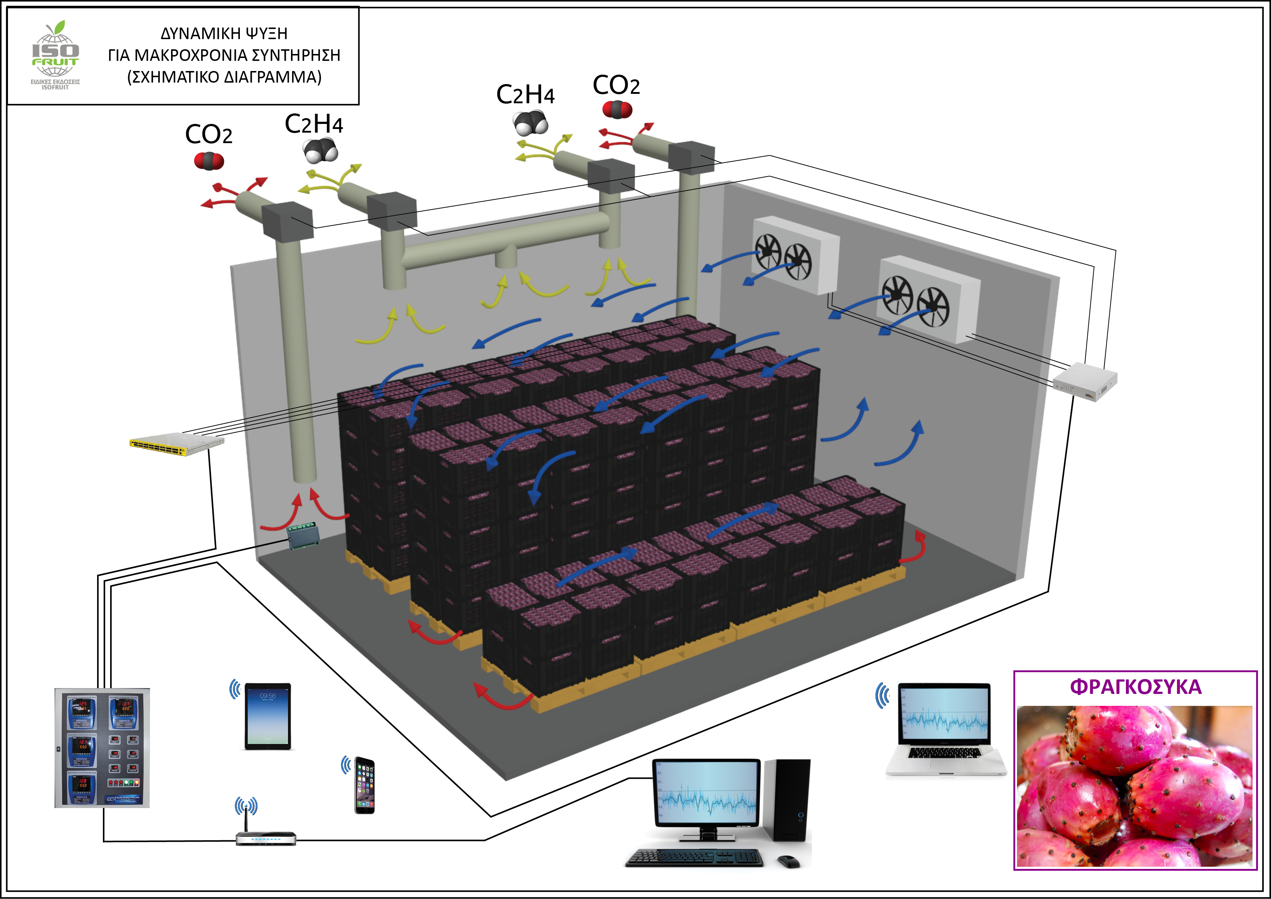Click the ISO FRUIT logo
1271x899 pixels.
click(55, 55)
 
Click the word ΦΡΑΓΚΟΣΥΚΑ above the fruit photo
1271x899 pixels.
click(1135, 687)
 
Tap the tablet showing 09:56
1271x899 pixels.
click(267, 716)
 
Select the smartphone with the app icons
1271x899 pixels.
click(364, 785)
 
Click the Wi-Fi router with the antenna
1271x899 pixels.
click(266, 837)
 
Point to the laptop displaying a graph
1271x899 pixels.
click(945, 728)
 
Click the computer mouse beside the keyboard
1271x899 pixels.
click(788, 861)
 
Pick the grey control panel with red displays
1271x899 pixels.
click(102, 747)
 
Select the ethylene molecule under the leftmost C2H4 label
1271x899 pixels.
click(321, 151)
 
